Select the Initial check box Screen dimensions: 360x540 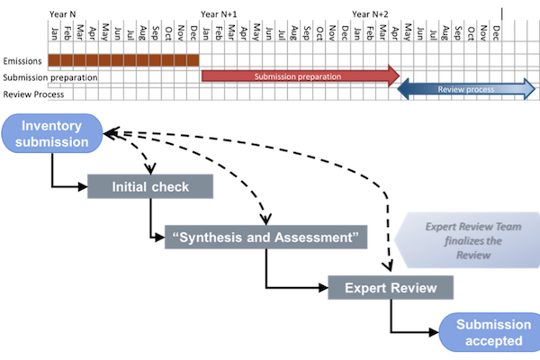150,187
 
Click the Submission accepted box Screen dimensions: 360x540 488,332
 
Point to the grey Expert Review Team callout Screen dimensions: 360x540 463,238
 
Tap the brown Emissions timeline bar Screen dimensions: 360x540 123,60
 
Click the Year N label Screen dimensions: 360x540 64,13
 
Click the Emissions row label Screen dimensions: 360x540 22,61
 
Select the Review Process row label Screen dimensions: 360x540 32,94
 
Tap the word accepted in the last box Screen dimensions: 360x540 489,341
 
